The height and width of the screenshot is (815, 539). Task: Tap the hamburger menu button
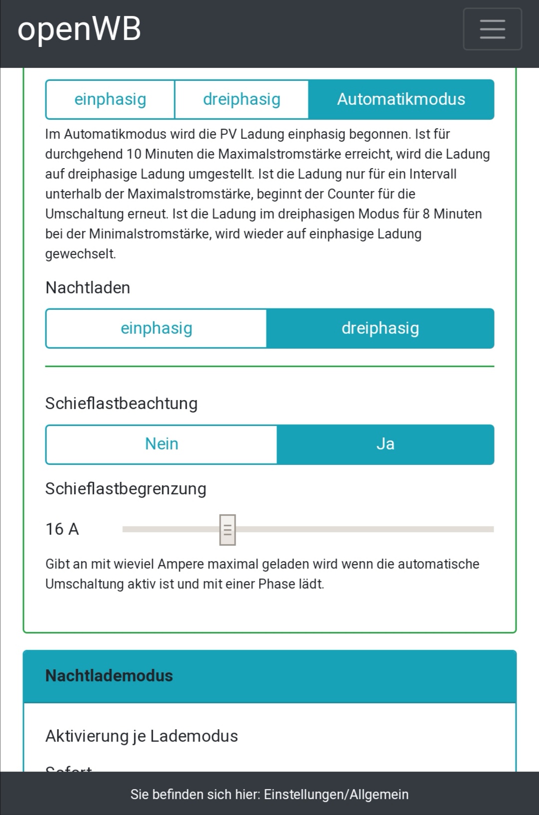click(492, 29)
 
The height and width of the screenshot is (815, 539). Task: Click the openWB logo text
click(79, 29)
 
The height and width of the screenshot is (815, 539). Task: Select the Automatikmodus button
click(401, 99)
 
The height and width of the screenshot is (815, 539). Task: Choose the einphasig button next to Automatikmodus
click(110, 99)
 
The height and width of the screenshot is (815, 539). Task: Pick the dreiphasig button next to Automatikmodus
click(242, 99)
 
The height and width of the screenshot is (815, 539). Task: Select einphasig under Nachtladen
click(156, 328)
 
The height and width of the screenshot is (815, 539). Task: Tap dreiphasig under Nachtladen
click(380, 328)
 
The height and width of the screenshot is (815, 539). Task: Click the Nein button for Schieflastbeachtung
click(161, 444)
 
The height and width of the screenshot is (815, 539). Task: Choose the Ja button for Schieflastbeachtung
click(385, 444)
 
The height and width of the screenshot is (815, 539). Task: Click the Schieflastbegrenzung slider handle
click(228, 530)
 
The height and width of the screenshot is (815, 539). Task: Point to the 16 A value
click(62, 529)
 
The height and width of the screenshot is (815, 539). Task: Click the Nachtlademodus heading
click(109, 676)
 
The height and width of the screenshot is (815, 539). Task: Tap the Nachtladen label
click(88, 288)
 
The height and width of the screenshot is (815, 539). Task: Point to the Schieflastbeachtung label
click(121, 404)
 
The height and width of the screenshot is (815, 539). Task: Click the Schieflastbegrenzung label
click(126, 489)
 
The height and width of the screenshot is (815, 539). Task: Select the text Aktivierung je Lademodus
click(142, 736)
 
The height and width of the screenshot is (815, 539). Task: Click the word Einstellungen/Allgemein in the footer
click(336, 795)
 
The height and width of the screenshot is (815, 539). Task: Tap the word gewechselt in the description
click(80, 254)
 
